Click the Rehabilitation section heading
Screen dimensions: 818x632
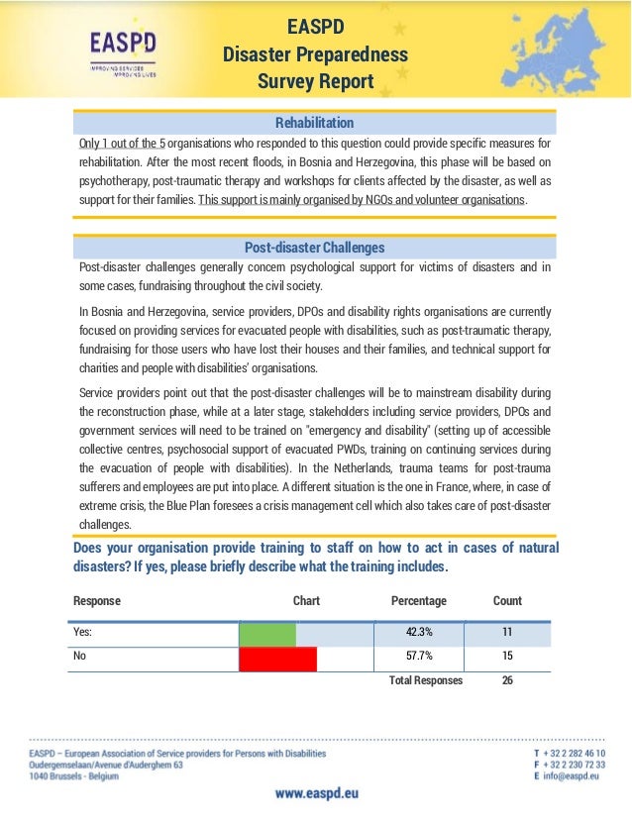(314, 123)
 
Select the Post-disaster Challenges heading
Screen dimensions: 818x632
(314, 247)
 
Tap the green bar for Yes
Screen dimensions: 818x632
(267, 634)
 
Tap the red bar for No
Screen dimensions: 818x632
(278, 659)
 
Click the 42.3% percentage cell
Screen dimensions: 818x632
(419, 634)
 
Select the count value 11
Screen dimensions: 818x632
(507, 634)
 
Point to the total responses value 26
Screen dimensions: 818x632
(507, 681)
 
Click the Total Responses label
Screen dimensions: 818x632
(425, 681)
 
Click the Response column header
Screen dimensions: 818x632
(97, 601)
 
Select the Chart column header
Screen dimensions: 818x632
(306, 601)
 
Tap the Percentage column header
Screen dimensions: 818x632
(419, 601)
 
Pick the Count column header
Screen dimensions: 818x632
(507, 601)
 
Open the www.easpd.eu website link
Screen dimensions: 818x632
(316, 794)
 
